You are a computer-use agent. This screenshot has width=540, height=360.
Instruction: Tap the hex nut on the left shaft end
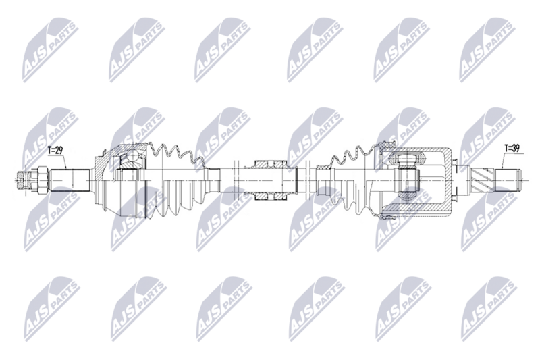click(40, 178)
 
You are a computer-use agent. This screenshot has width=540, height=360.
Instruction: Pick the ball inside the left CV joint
click(131, 160)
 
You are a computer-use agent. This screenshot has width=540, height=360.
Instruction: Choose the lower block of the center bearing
click(270, 194)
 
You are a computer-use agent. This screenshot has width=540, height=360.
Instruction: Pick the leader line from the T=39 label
click(504, 161)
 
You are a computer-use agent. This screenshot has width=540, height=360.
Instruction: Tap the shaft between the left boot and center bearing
click(223, 179)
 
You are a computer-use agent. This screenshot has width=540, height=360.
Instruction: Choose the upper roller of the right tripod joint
click(407, 159)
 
